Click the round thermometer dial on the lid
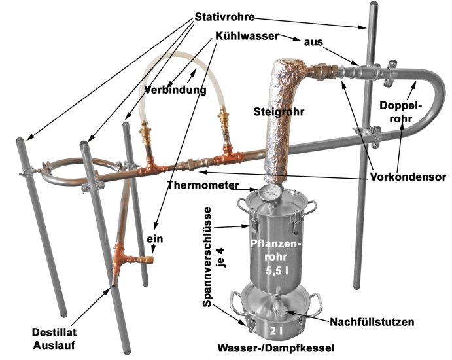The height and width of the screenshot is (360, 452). click(x=268, y=194)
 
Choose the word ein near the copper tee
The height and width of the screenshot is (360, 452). click(x=154, y=240)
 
